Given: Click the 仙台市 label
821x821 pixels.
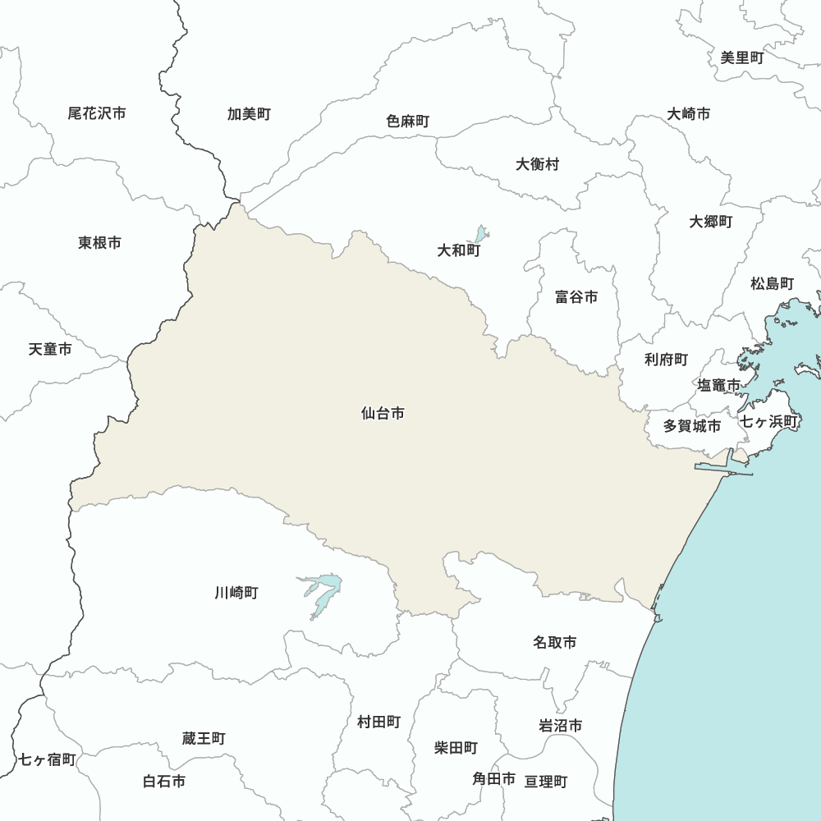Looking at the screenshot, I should click(383, 414).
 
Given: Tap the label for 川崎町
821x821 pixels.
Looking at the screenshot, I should click(236, 592).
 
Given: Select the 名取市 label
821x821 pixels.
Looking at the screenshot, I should click(554, 642).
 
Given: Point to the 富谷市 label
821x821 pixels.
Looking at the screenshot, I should click(576, 297).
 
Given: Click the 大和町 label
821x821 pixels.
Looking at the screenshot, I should click(459, 250).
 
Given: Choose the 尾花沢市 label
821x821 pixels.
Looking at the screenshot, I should click(97, 113).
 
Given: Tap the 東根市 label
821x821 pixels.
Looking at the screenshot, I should click(100, 242).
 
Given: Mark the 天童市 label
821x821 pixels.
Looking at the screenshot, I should click(50, 349).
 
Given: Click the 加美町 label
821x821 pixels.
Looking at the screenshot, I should click(249, 114).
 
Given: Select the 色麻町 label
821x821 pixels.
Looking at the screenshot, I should click(408, 122).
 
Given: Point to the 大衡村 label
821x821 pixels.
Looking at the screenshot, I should click(538, 164).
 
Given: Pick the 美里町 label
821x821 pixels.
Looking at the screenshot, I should click(742, 57).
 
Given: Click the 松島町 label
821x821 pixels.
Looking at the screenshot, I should click(773, 284).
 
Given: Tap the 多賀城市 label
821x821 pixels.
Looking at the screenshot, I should click(692, 426).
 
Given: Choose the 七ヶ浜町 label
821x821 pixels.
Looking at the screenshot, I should click(769, 422).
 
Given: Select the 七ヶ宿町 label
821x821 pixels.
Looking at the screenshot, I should click(47, 759).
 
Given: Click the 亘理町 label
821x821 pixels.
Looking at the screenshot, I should click(546, 782).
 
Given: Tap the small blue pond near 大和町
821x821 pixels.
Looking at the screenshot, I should click(480, 234).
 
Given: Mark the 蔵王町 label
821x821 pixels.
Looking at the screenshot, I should click(204, 739).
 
